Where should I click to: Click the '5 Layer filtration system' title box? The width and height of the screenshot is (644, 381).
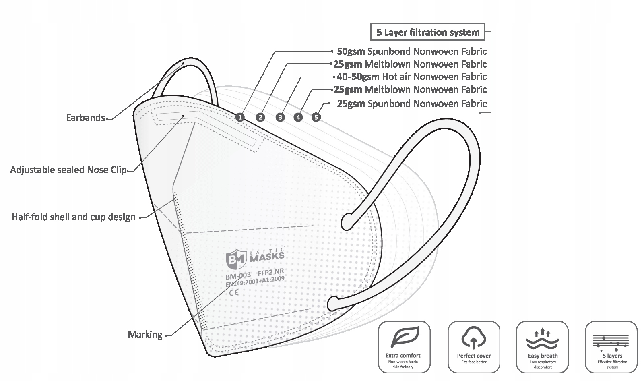coord(427,33)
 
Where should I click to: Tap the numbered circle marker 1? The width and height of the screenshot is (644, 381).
coord(240,117)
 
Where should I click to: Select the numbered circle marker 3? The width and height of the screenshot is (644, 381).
coord(280,117)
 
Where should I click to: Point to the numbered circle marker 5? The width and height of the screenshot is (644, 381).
coord(316,117)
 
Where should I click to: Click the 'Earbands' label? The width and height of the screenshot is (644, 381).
coord(85,118)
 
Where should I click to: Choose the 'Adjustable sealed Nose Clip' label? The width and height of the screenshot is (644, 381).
coord(68,170)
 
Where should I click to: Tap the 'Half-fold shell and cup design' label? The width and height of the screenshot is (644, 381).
coord(73,217)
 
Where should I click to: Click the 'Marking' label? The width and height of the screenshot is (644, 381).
coord(145,335)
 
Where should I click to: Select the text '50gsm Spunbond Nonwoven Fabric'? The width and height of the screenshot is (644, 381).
coord(411,52)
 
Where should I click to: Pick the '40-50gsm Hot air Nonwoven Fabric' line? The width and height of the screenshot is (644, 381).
coord(411,77)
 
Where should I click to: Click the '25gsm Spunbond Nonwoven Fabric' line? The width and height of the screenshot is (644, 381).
coord(411,104)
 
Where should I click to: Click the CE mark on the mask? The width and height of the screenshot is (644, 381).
coord(233,293)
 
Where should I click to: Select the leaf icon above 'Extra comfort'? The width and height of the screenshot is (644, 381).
coord(404,338)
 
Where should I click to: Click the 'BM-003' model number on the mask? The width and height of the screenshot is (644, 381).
coord(238,276)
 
